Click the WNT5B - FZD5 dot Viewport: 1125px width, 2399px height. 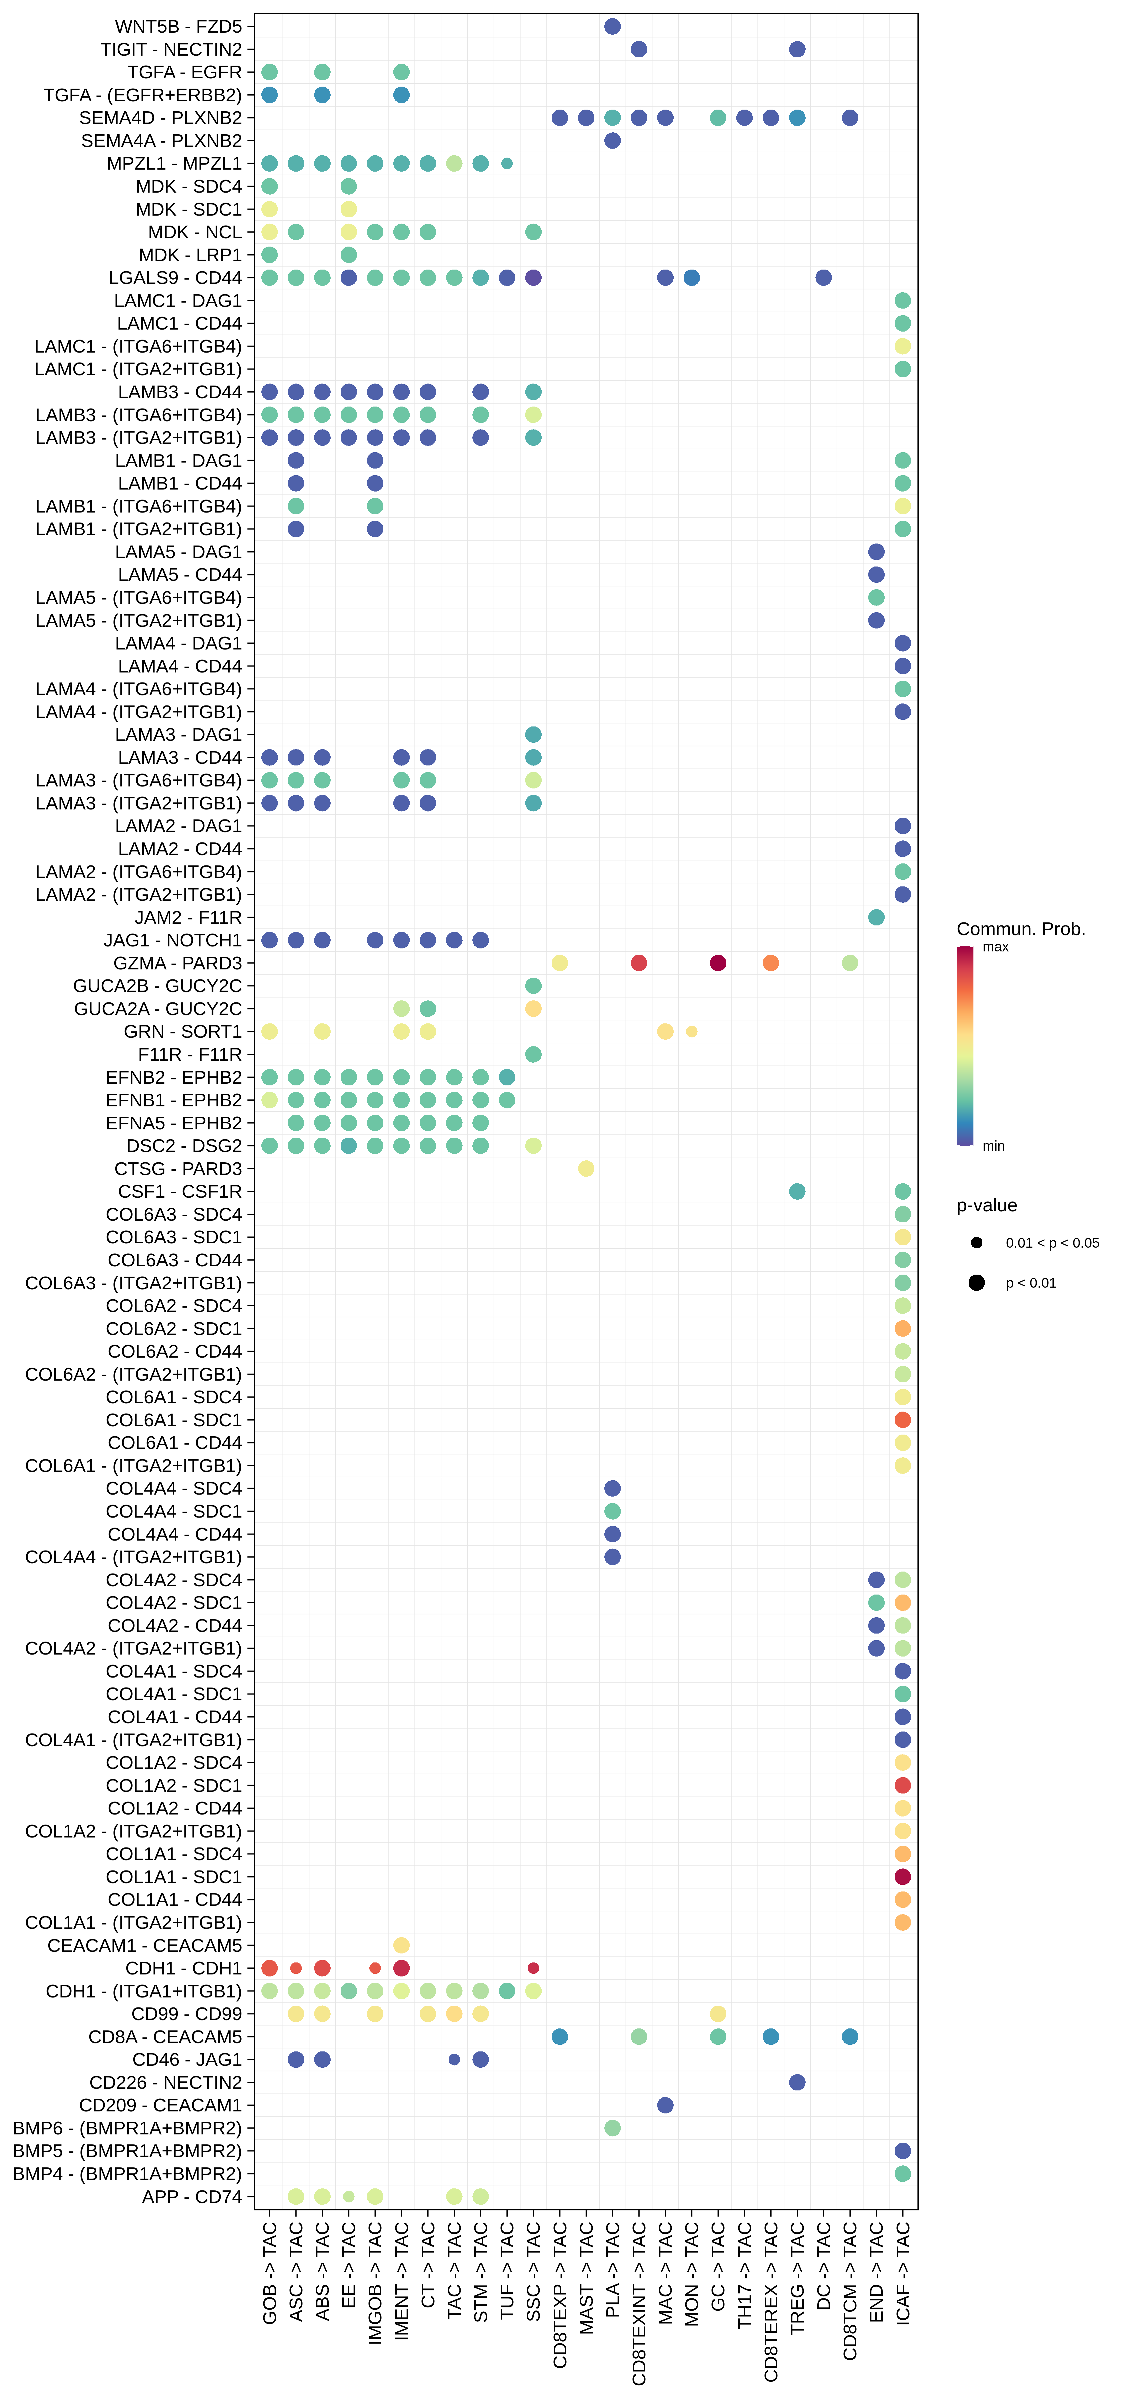[x=612, y=26]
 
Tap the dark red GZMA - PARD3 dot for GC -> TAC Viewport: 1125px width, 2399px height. [x=717, y=963]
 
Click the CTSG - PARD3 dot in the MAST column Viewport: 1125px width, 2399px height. [x=586, y=1169]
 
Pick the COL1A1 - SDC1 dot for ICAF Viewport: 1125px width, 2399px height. [x=902, y=1876]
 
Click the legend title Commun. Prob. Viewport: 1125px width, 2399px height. [x=1021, y=928]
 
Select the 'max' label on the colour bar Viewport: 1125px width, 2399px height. [x=996, y=947]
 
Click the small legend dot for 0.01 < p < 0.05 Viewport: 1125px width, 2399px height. [x=976, y=1242]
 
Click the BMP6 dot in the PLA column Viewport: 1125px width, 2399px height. [x=612, y=2128]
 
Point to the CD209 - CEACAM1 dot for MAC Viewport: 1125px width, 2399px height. [x=665, y=2105]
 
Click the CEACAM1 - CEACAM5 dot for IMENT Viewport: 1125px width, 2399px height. [x=401, y=1945]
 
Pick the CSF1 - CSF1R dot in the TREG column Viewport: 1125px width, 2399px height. [x=797, y=1191]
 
